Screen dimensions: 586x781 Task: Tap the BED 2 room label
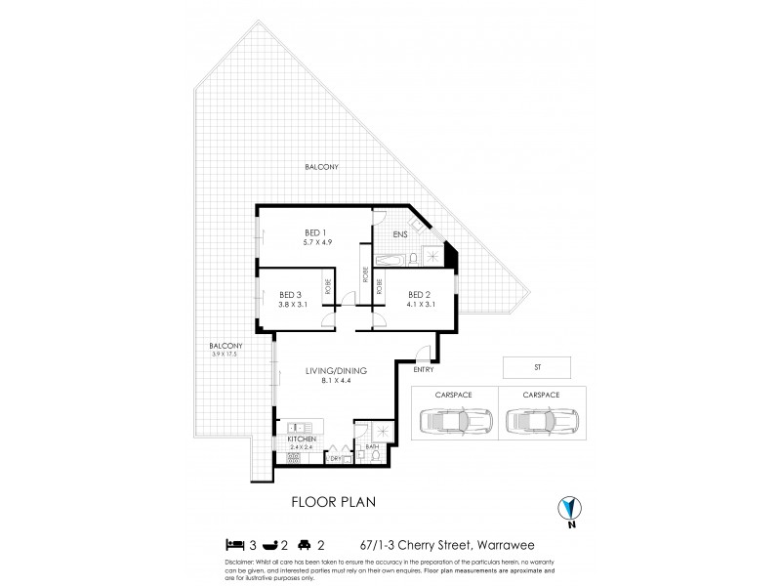coord(419,294)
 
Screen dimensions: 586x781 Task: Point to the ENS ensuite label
coord(400,235)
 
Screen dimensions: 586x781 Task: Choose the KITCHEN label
coord(302,440)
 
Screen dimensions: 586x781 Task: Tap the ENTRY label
coord(424,369)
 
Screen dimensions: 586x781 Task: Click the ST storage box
coord(537,369)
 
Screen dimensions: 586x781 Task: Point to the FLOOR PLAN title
coord(335,502)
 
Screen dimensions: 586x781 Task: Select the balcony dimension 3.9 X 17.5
coord(226,354)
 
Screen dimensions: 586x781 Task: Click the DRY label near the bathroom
coord(336,457)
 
